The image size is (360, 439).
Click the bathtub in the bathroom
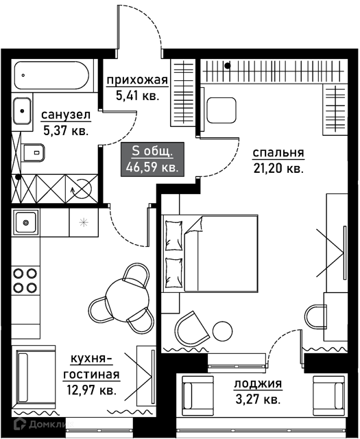point(52,75)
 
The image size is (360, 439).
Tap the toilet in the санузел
point(33,153)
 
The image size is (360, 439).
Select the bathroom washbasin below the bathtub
point(22,111)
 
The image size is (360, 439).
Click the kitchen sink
point(26,222)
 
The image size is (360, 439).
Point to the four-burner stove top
point(25,281)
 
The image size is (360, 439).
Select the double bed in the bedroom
point(210,254)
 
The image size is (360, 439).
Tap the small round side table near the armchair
point(222,331)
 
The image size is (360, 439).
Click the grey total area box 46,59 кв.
point(152,159)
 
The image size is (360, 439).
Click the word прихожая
point(137,80)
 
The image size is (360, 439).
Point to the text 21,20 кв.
point(278,169)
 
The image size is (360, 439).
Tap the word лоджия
point(258,383)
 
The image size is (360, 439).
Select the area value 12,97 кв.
point(91,390)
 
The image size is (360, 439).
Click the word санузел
point(66,115)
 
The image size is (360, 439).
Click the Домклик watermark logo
point(42,424)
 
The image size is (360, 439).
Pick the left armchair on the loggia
point(197,396)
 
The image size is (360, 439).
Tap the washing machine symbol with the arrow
point(82,189)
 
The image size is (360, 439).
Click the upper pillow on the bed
point(174,235)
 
